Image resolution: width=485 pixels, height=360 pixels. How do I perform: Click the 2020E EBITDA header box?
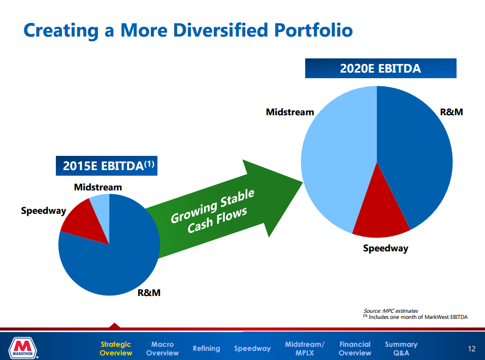[x=380, y=69]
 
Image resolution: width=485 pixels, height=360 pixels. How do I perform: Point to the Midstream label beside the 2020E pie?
[x=290, y=112]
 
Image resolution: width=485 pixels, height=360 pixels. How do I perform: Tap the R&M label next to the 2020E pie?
[x=451, y=112]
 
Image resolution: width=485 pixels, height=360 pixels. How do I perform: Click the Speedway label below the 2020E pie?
[x=385, y=248]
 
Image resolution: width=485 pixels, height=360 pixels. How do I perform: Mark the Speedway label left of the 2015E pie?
[x=43, y=210]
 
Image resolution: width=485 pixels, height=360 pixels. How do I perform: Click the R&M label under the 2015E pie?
[x=149, y=293]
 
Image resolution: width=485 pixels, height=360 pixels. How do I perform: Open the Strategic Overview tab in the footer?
[x=115, y=348]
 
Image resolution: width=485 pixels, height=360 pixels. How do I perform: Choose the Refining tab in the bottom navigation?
[x=206, y=348]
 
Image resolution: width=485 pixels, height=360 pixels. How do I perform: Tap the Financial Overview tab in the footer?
[x=354, y=348]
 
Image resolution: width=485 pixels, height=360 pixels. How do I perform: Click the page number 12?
[x=472, y=349]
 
